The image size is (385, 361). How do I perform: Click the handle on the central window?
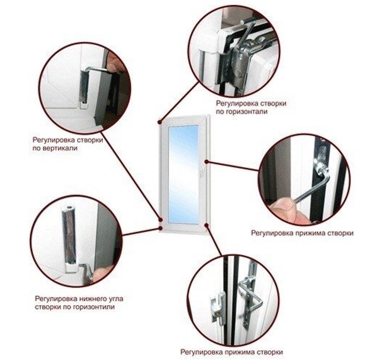tap(202, 171)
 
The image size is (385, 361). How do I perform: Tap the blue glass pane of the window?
tap(183, 175)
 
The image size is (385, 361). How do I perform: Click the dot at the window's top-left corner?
tap(159, 122)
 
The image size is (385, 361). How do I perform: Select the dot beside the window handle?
tap(207, 161)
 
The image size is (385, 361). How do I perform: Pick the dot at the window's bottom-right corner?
tap(207, 225)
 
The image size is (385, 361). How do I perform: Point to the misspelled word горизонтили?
tap(93, 307)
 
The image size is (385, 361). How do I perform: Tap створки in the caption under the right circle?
tap(340, 233)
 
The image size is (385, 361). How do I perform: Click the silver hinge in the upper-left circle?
tap(84, 86)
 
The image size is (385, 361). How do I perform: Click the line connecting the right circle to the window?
tap(232, 166)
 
